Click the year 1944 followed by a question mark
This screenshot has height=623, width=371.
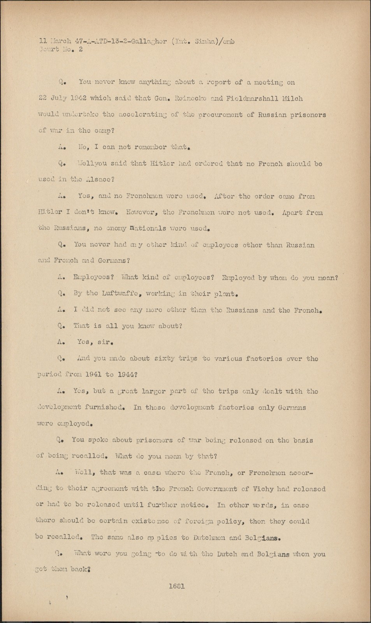click(x=126, y=375)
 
